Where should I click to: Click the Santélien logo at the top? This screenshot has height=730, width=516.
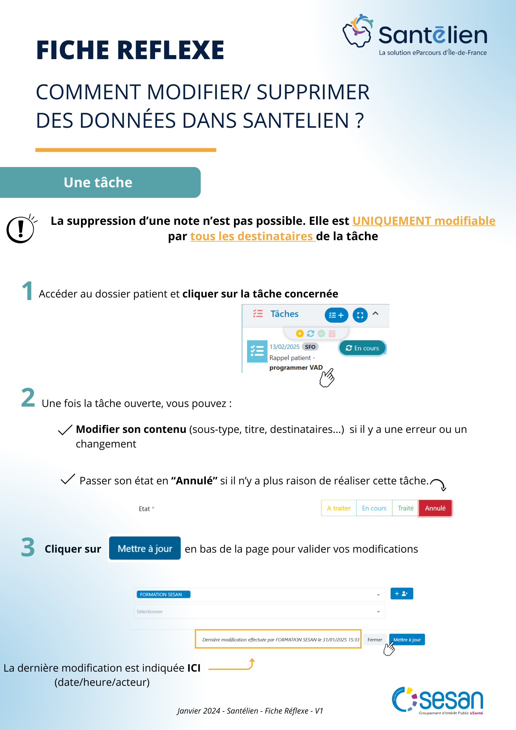[415, 35]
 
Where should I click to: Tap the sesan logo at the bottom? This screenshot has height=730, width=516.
[438, 700]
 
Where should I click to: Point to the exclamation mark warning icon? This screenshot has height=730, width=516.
[21, 229]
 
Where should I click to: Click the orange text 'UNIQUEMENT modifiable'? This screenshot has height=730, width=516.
[423, 221]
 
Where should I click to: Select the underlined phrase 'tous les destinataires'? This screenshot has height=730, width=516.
[252, 236]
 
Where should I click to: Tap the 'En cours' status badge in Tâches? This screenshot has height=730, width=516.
[362, 348]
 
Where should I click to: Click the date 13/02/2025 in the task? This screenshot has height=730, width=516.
[284, 347]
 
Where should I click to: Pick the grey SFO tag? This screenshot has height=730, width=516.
[310, 347]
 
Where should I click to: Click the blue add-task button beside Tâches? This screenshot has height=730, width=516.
[336, 315]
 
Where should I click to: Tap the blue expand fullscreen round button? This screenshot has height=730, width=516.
[360, 315]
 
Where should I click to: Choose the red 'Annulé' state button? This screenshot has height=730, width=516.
[435, 508]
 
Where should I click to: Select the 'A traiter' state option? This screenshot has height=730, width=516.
[338, 508]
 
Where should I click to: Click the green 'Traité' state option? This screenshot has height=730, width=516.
[405, 508]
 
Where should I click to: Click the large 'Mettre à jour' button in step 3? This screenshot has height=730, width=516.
[145, 548]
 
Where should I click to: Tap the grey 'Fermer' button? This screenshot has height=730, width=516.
[375, 639]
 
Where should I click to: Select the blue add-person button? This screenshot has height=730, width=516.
[401, 593]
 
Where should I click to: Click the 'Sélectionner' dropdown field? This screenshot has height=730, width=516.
[259, 611]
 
